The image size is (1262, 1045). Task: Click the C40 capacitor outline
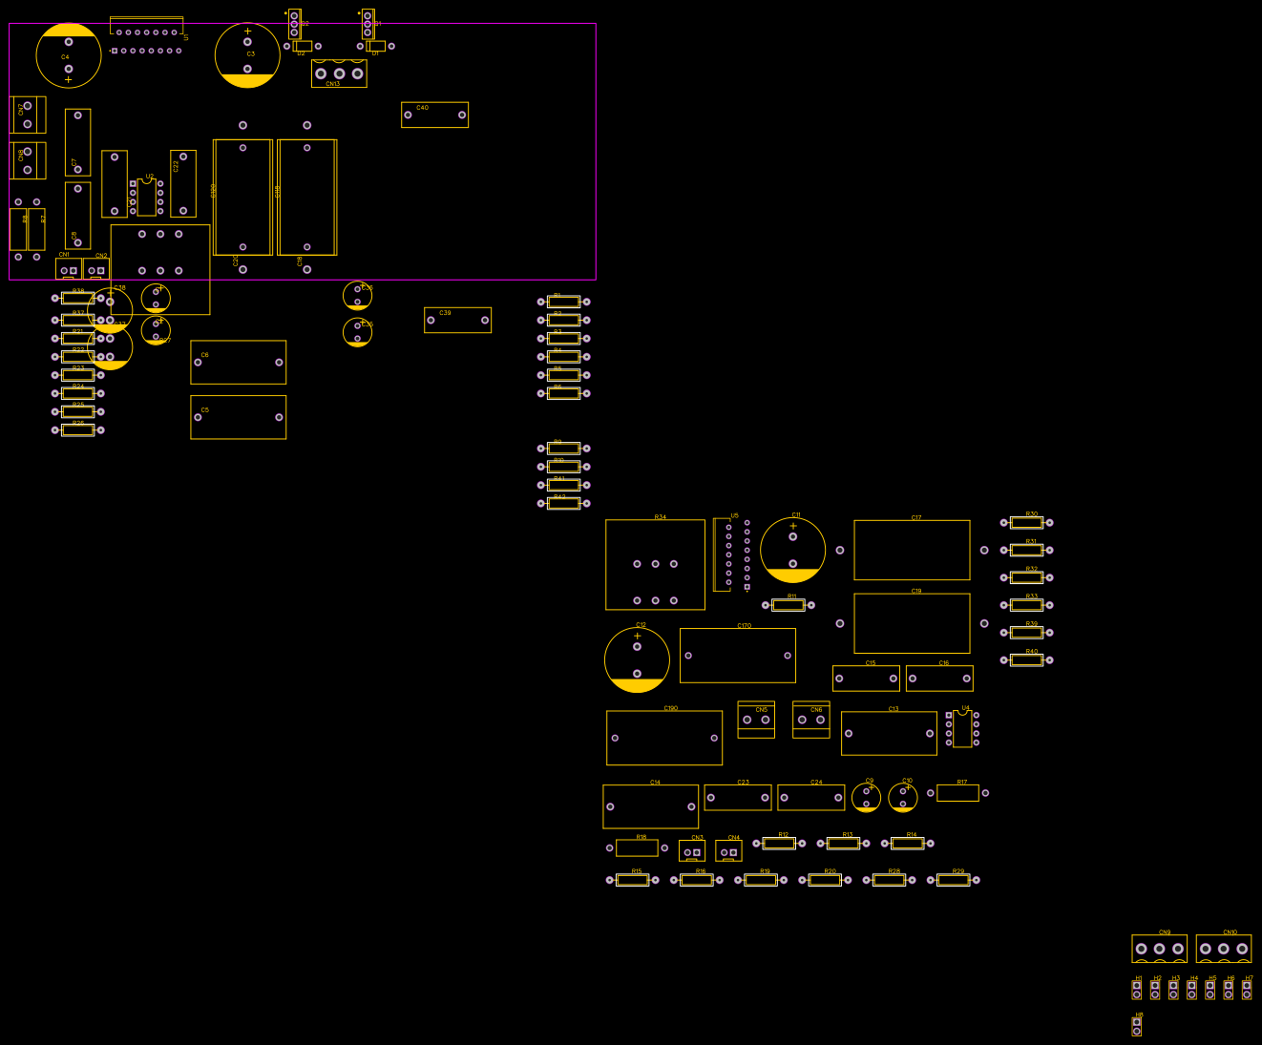point(434,115)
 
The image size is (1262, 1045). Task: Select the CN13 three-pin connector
point(339,73)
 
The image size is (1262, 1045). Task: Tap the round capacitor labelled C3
point(247,55)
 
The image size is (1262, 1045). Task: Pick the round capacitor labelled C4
point(69,55)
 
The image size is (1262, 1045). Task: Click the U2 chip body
point(146,198)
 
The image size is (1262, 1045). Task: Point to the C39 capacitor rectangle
point(457,320)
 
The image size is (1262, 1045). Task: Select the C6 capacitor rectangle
point(238,363)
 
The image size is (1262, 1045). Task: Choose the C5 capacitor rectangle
point(238,417)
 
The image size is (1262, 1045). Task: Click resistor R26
point(78,430)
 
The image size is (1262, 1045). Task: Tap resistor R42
point(563,503)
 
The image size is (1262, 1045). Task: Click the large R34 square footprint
point(655,565)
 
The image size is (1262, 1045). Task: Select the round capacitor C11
point(792,551)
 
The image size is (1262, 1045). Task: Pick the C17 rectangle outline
point(912,550)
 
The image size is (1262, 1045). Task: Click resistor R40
point(1026,659)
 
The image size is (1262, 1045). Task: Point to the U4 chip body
point(962,729)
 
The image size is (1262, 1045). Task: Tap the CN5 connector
point(756,720)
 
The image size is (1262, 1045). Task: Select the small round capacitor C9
point(866,797)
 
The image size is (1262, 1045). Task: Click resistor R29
point(953,880)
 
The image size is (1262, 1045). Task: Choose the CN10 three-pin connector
point(1223,949)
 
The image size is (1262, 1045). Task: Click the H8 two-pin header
point(1137,1026)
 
